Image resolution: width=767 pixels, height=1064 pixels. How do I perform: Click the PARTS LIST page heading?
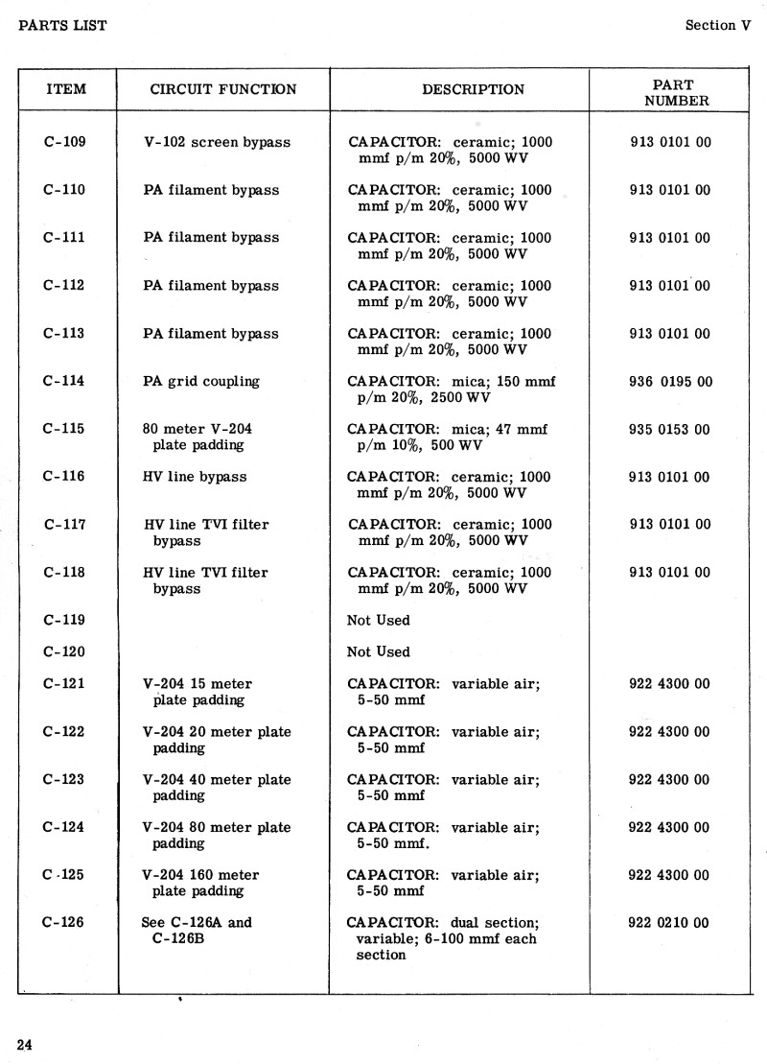(62, 26)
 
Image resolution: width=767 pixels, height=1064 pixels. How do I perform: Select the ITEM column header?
(65, 90)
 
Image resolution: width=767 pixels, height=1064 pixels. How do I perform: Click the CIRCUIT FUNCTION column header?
(223, 90)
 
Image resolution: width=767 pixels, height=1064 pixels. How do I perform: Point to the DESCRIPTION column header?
(473, 90)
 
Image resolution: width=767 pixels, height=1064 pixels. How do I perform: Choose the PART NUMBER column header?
(676, 92)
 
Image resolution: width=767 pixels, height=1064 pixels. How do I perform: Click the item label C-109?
(65, 142)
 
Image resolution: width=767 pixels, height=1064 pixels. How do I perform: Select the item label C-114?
(64, 381)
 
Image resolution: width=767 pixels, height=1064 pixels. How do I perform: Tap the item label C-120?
(64, 652)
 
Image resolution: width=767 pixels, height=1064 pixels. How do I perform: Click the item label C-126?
(64, 923)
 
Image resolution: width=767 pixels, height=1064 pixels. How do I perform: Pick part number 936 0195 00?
(670, 382)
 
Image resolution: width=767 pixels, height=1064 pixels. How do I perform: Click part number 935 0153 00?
(669, 430)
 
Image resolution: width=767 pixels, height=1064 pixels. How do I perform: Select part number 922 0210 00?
(669, 923)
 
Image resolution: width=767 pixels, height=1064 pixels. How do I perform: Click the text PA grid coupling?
(200, 382)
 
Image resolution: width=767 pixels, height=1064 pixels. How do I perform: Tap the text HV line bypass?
(195, 477)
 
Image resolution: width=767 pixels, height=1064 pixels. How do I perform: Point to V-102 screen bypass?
(216, 142)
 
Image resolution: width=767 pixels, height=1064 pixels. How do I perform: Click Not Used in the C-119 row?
(378, 621)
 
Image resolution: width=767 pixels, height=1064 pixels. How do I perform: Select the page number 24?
(25, 1045)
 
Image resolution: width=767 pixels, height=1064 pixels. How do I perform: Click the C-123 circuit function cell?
(216, 788)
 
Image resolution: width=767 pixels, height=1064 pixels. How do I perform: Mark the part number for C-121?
(669, 684)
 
